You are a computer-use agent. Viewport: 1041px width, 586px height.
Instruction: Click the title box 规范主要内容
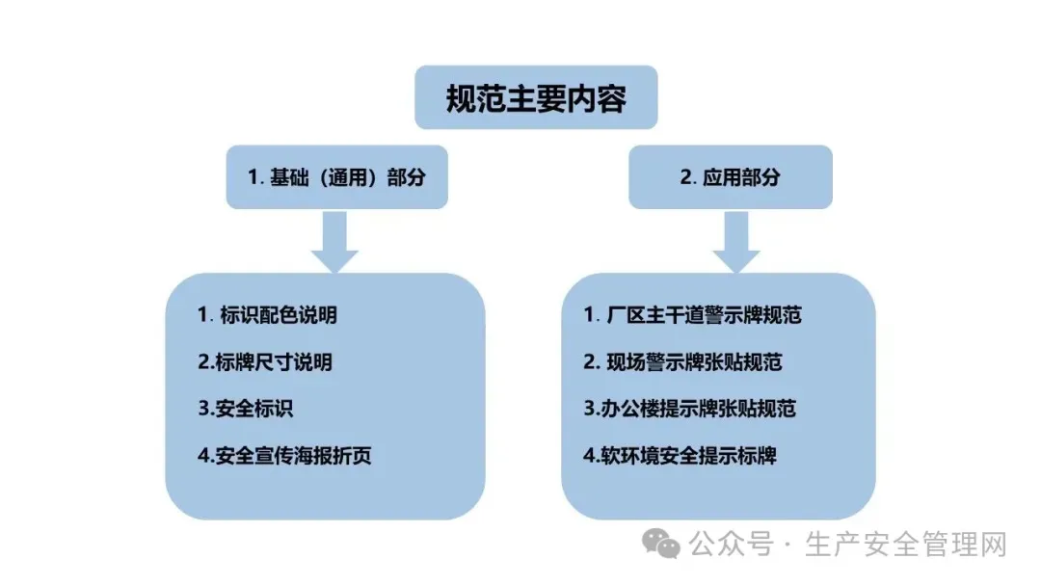click(x=536, y=97)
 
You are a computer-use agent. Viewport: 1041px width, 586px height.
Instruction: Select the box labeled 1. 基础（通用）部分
click(x=336, y=177)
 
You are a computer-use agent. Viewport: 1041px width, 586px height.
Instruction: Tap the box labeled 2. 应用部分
click(x=730, y=177)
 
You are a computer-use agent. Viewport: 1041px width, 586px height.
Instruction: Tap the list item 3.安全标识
click(x=245, y=409)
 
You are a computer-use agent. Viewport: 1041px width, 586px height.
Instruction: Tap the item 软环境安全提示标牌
click(x=681, y=456)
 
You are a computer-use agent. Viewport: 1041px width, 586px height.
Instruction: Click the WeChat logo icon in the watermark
click(x=663, y=545)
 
